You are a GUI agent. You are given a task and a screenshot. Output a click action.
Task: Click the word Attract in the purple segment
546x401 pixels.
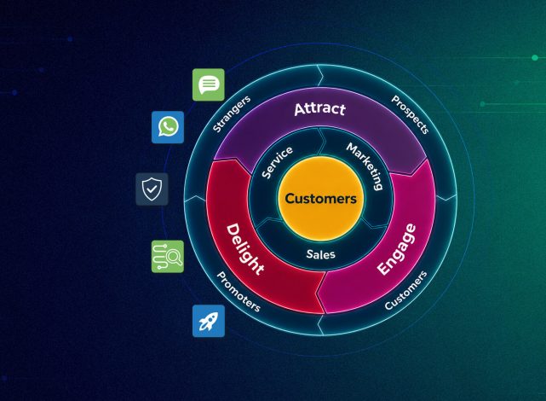pyautogui.click(x=319, y=109)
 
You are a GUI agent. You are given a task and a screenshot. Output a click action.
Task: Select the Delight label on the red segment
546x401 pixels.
pyautogui.click(x=245, y=249)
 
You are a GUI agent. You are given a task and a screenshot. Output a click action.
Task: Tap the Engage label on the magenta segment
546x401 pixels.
pyautogui.click(x=397, y=249)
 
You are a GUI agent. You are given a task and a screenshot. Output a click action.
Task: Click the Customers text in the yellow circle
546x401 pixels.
pyautogui.click(x=321, y=199)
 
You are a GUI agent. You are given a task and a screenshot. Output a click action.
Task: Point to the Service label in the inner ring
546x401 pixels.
pyautogui.click(x=277, y=162)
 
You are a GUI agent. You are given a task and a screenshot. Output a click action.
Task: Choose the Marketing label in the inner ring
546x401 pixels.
pyautogui.click(x=365, y=166)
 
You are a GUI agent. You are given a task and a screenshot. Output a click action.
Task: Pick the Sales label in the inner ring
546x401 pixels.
pyautogui.click(x=321, y=254)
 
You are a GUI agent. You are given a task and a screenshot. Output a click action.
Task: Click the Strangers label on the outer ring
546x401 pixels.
pyautogui.click(x=232, y=113)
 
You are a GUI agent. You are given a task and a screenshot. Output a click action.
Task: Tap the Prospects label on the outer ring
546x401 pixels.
pyautogui.click(x=410, y=114)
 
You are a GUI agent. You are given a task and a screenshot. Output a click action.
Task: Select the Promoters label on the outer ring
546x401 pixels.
pyautogui.click(x=239, y=292)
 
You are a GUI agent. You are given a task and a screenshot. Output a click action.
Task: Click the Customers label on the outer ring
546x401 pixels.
pyautogui.click(x=405, y=290)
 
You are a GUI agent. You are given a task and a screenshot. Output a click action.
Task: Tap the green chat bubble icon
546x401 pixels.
pyautogui.click(x=209, y=84)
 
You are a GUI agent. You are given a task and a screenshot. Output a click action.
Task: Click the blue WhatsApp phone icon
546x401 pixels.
pyautogui.click(x=168, y=127)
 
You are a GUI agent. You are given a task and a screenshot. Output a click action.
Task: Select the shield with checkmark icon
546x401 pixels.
pyautogui.click(x=152, y=189)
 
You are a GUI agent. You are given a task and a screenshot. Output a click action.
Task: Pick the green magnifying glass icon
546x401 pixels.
pyautogui.click(x=168, y=256)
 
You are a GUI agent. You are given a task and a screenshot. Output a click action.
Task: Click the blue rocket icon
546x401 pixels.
pyautogui.click(x=209, y=321)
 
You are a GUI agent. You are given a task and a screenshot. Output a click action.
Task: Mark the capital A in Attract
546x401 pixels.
pyautogui.click(x=300, y=109)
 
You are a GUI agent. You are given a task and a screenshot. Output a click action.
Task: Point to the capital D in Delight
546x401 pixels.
pyautogui.click(x=233, y=231)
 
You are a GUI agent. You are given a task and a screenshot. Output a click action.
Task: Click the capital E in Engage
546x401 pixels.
pyautogui.click(x=384, y=268)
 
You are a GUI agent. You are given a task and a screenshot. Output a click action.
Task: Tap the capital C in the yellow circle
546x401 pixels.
pyautogui.click(x=290, y=199)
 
